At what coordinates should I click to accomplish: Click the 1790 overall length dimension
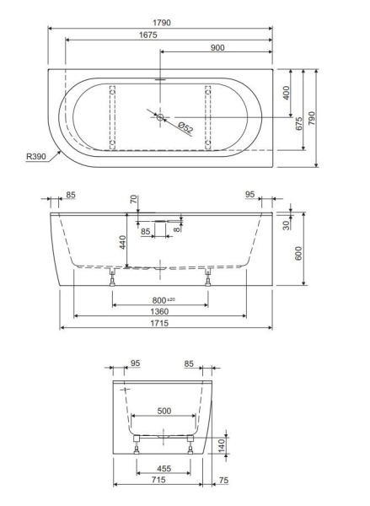pos(162,23)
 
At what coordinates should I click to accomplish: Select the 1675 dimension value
pos(148,35)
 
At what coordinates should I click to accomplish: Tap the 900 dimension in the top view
pos(217,47)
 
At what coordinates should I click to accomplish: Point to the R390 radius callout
pos(36,157)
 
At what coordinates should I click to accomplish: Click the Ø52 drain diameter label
pos(185,127)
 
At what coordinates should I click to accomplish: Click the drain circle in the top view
pos(160,117)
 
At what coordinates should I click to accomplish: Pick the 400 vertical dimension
pos(286,93)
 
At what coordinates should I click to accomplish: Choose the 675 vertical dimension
pos(299,124)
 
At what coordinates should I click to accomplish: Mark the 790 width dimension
pos(312,118)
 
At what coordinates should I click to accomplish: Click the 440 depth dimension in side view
pos(122,242)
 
